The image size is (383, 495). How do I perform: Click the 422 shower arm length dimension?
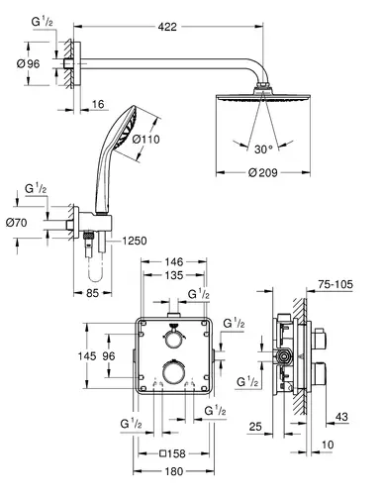pos(167,27)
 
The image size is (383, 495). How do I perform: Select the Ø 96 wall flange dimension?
pos(29,63)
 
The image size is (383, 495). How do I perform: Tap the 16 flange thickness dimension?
pos(98,104)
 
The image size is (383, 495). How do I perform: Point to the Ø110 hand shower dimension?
pos(145,140)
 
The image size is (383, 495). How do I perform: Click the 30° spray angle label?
pos(263,149)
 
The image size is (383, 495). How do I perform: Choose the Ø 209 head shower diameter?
pos(263,172)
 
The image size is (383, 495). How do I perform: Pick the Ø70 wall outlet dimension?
pos(16,223)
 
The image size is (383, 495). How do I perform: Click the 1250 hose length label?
pos(135,241)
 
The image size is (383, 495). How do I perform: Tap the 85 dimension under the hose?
pos(92,293)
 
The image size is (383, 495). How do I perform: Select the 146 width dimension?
pos(174,262)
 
